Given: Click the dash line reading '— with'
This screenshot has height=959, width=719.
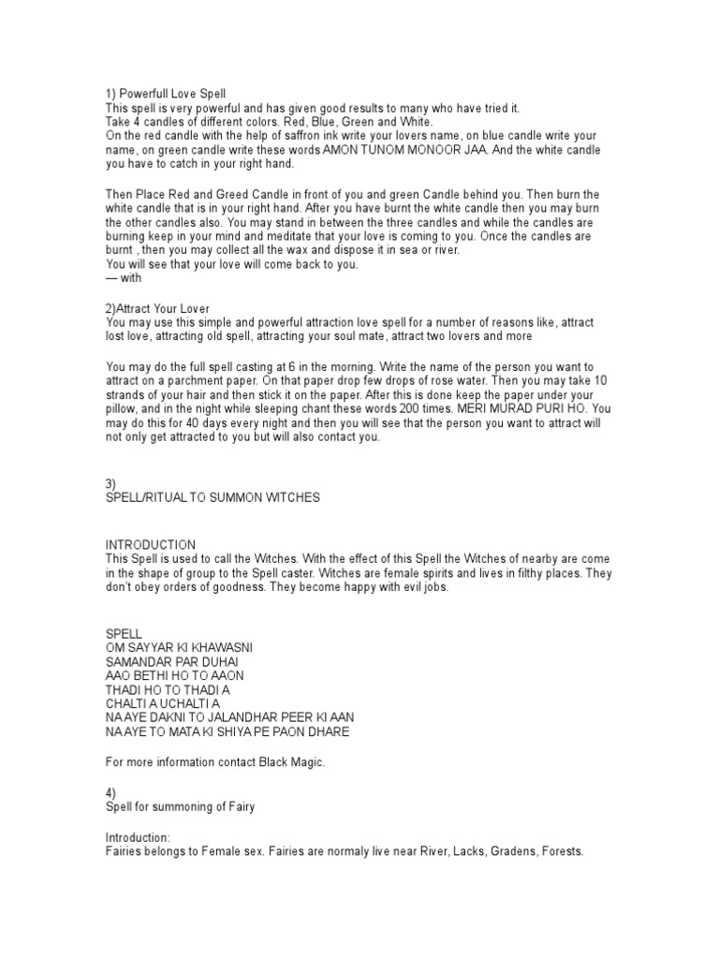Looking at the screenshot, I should click(x=126, y=277).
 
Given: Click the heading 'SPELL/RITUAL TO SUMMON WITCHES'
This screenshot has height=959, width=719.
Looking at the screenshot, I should click(x=213, y=497).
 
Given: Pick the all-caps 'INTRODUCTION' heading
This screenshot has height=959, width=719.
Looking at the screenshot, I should click(x=151, y=544).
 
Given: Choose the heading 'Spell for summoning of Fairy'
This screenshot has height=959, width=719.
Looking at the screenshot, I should click(x=181, y=807).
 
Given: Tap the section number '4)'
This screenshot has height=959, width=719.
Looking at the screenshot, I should click(x=110, y=793).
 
